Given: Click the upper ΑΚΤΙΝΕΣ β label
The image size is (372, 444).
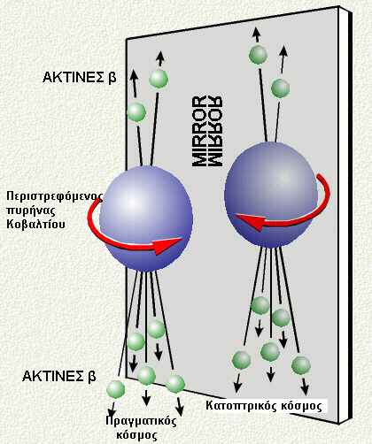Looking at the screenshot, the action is point(80,77).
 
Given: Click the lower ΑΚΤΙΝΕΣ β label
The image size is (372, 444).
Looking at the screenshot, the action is point(59,377).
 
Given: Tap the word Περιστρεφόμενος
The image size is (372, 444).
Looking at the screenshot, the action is point(55,196).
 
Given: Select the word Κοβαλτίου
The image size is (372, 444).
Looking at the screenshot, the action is point(35,225).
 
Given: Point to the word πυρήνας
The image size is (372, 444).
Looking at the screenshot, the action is point(31,211).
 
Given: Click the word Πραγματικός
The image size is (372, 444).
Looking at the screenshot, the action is point(141,422).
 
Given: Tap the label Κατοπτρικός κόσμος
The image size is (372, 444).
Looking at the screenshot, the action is point(264,406).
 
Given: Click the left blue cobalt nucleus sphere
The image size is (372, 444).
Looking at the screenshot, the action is point(146,218).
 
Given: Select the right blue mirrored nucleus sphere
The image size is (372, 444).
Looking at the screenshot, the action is point(271,195).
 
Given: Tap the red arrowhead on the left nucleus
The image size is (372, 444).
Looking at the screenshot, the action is point(167,245).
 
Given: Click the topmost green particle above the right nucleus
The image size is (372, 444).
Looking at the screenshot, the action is point(258,55).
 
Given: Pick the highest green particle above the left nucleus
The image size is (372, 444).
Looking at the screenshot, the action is point(159,79).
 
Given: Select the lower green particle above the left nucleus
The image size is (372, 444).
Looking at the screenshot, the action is point(136,111).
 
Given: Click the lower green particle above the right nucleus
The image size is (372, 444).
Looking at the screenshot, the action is point(280,88).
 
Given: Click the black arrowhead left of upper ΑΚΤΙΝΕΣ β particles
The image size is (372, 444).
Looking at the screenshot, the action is point(134,74).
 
